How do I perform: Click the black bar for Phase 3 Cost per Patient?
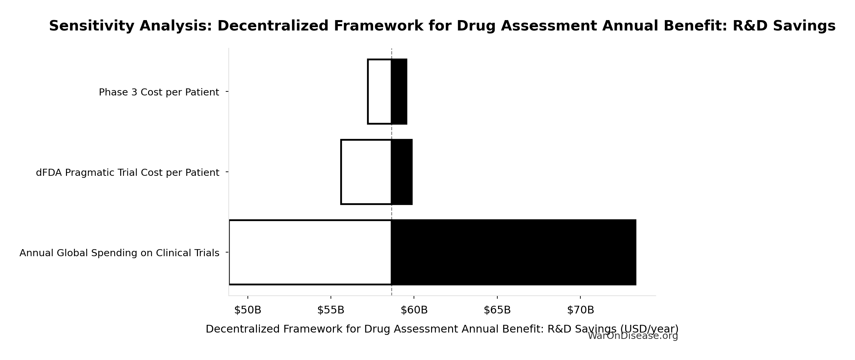pyautogui.click(x=399, y=91)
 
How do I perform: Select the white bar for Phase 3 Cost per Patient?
pyautogui.click(x=379, y=91)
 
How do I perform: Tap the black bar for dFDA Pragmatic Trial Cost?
pyautogui.click(x=402, y=172)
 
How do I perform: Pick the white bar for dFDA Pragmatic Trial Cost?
pyautogui.click(x=366, y=172)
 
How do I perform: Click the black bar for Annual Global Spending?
pyautogui.click(x=513, y=252)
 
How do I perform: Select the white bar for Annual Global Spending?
pyautogui.click(x=310, y=252)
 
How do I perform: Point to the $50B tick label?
pyautogui.click(x=247, y=310)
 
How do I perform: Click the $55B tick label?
pyautogui.click(x=331, y=310)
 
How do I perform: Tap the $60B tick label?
pyautogui.click(x=414, y=310)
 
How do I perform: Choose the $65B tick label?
pyautogui.click(x=497, y=310)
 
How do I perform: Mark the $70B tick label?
pyautogui.click(x=580, y=310)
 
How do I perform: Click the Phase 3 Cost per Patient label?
pyautogui.click(x=159, y=92)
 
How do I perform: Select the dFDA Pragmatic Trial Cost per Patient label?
pyautogui.click(x=127, y=172)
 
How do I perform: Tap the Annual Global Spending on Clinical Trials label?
pyautogui.click(x=119, y=253)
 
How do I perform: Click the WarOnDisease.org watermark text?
pyautogui.click(x=633, y=336)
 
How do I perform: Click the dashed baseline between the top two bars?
pyautogui.click(x=391, y=132)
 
